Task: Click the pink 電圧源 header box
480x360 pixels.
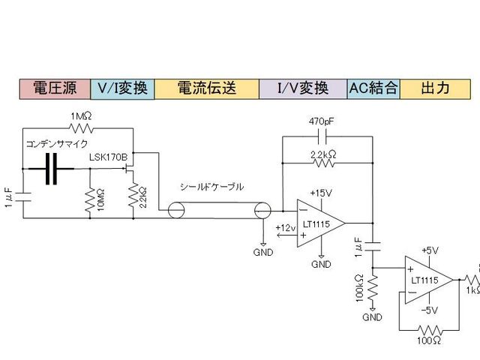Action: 53,88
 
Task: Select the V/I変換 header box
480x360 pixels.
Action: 122,88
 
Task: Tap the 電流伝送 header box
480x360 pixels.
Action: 206,88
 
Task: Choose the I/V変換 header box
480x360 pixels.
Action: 303,88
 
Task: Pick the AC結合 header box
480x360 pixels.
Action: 373,88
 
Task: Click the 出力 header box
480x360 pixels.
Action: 436,88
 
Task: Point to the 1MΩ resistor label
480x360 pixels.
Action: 82,117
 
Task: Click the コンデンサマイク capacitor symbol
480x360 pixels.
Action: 50,169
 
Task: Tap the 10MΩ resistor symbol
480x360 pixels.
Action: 89,195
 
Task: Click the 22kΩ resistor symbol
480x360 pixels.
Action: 133,196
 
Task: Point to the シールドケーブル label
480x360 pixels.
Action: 211,187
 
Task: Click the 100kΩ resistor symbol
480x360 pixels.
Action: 373,287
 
